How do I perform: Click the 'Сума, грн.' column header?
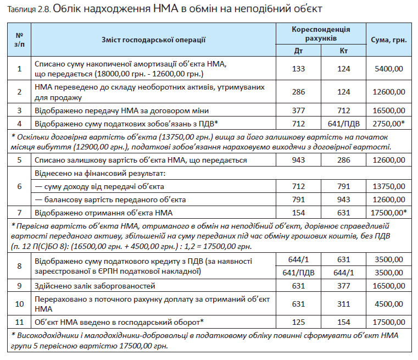tap(389, 40)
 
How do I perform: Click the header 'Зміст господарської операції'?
tap(153, 40)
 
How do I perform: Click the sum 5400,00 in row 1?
tap(389, 69)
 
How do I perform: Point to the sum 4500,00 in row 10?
tap(389, 304)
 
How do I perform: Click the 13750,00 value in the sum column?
tap(389, 186)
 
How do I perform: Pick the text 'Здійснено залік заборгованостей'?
tap(95, 286)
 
